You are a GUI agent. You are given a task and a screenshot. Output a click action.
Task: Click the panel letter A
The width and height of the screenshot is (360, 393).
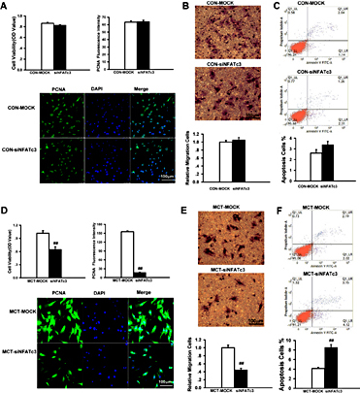pyautogui.click(x=6, y=6)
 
